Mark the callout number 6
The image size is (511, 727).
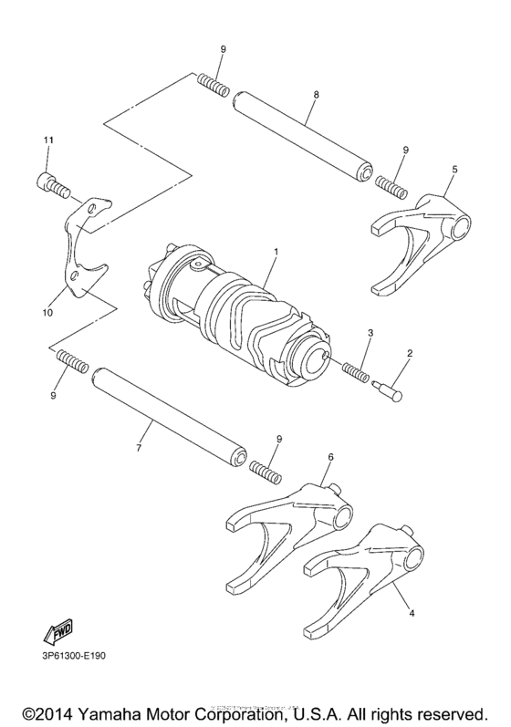pos(330,455)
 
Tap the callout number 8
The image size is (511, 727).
pos(315,93)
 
